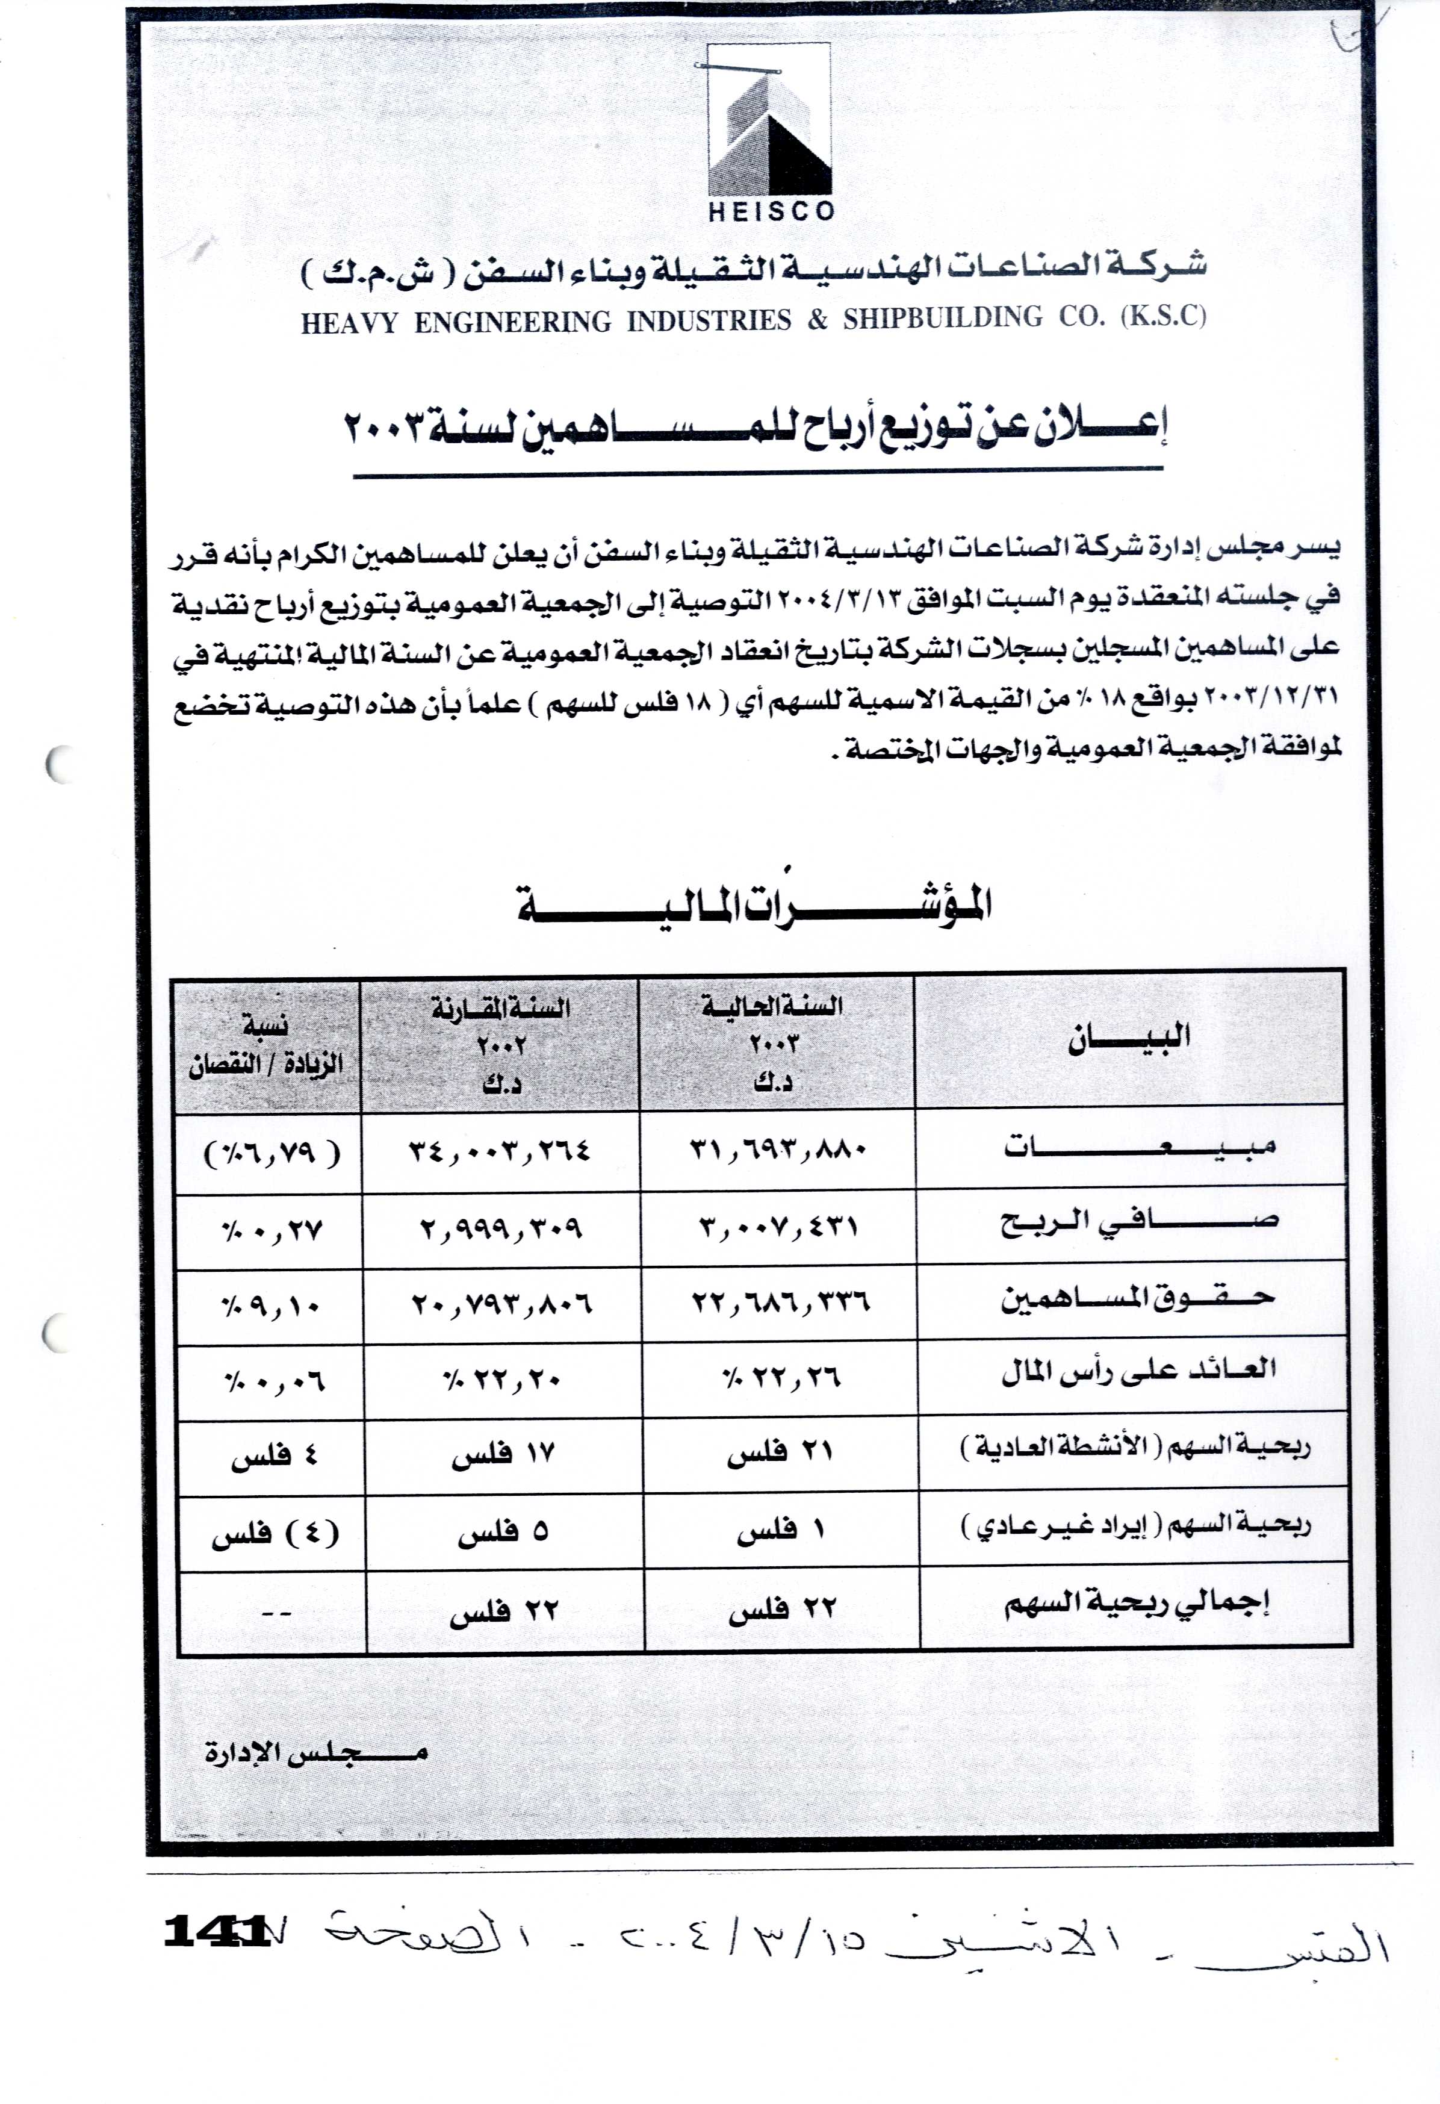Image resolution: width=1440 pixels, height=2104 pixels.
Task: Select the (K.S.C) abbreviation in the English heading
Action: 1163,316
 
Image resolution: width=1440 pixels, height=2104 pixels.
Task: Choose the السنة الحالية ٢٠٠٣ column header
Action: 773,1043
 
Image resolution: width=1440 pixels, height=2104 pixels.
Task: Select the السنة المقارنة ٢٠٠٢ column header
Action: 500,1045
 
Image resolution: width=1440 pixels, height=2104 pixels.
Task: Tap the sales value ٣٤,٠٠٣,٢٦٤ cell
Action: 500,1151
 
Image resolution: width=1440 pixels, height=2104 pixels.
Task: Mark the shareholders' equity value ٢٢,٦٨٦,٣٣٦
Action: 780,1303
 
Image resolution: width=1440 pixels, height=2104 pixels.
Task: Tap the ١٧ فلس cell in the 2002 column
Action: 502,1455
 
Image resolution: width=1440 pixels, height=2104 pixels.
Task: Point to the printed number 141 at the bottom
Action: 216,1931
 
